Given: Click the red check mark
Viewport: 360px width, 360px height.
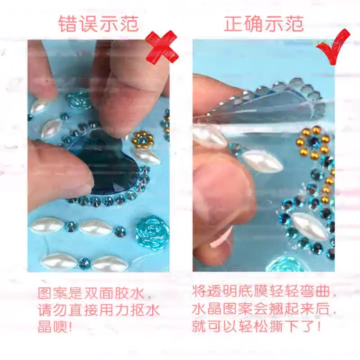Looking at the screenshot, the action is coord(334,47).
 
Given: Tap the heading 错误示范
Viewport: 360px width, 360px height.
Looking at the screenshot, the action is coord(99,24).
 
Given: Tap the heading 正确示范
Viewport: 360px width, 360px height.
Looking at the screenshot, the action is coord(264,24).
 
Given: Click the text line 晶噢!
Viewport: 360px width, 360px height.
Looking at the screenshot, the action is coord(55,326).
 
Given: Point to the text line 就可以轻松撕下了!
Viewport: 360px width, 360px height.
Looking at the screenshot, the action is coord(256,325).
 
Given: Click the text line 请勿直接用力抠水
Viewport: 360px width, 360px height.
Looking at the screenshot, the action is coord(99,310).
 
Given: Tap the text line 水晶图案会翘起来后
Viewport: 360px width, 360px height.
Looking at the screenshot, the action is coord(264,308).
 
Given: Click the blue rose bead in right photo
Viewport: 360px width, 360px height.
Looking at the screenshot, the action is coord(283,264).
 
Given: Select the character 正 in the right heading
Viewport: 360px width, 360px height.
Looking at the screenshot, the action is coord(233,24).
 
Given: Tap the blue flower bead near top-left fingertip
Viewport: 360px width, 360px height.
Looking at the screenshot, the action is coord(77,100).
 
